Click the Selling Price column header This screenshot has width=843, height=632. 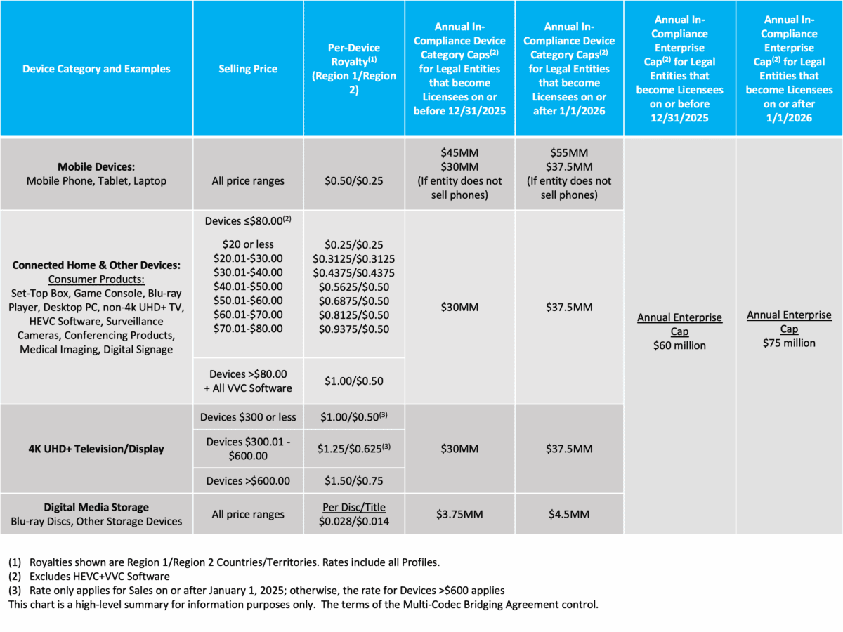pos(248,69)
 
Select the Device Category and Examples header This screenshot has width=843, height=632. pos(96,69)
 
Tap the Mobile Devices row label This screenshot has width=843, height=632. pos(96,167)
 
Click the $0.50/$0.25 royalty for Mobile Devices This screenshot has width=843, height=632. pos(354,180)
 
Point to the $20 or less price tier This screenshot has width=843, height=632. pos(248,245)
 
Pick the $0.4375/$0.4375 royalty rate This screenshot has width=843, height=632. pos(354,272)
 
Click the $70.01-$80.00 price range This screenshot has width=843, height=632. pos(248,328)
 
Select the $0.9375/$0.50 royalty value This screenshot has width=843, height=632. pos(354,328)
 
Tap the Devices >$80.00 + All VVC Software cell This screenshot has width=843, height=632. pos(248,381)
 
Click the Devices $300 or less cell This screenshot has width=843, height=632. pos(248,417)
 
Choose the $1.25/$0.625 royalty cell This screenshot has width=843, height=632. pos(354,448)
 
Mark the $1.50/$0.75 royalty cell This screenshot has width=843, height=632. pos(354,480)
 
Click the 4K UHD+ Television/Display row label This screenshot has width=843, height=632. pos(96,449)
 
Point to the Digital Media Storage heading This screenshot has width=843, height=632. pos(96,507)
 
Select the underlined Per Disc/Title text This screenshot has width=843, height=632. pos(354,507)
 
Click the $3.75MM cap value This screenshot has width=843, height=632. pos(459,514)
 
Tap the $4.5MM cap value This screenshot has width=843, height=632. pos(569,514)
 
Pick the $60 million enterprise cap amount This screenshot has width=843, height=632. pos(679,345)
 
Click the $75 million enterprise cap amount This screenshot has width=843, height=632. pos(789,343)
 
